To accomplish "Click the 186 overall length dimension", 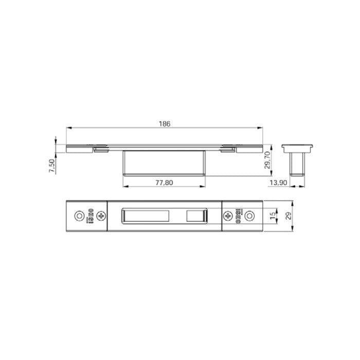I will tap(165, 123).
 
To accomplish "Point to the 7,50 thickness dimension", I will tap(51, 166).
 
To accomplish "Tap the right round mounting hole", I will tap(250, 216).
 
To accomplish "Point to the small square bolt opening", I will tap(195, 216).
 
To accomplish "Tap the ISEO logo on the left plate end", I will tap(90, 216).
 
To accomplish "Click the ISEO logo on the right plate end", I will tap(239, 216).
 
